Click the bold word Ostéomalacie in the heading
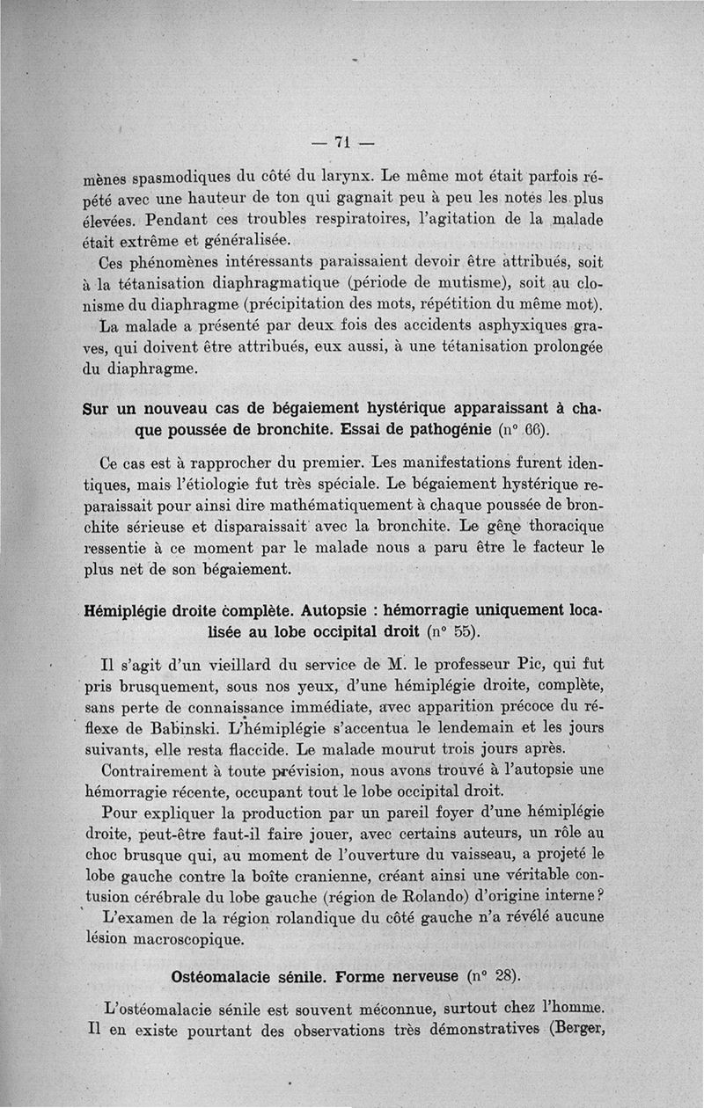[x=228, y=977]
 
